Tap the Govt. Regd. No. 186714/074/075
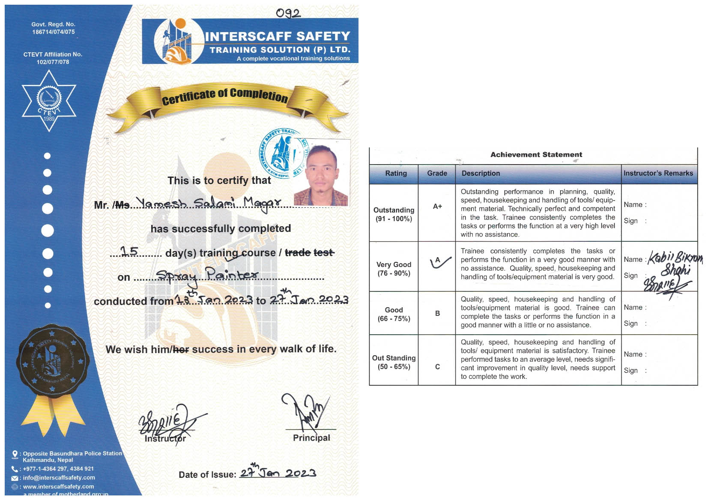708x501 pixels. point(53,28)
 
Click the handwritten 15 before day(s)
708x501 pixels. point(129,251)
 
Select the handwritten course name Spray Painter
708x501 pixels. point(207,275)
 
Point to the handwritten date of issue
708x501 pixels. point(278,472)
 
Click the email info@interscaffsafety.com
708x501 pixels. point(59,477)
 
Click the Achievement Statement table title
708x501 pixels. point(536,155)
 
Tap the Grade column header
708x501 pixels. point(437,173)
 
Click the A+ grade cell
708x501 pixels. point(437,207)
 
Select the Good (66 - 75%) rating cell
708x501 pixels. point(394,314)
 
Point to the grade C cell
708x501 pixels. point(437,367)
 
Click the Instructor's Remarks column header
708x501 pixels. point(658,173)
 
